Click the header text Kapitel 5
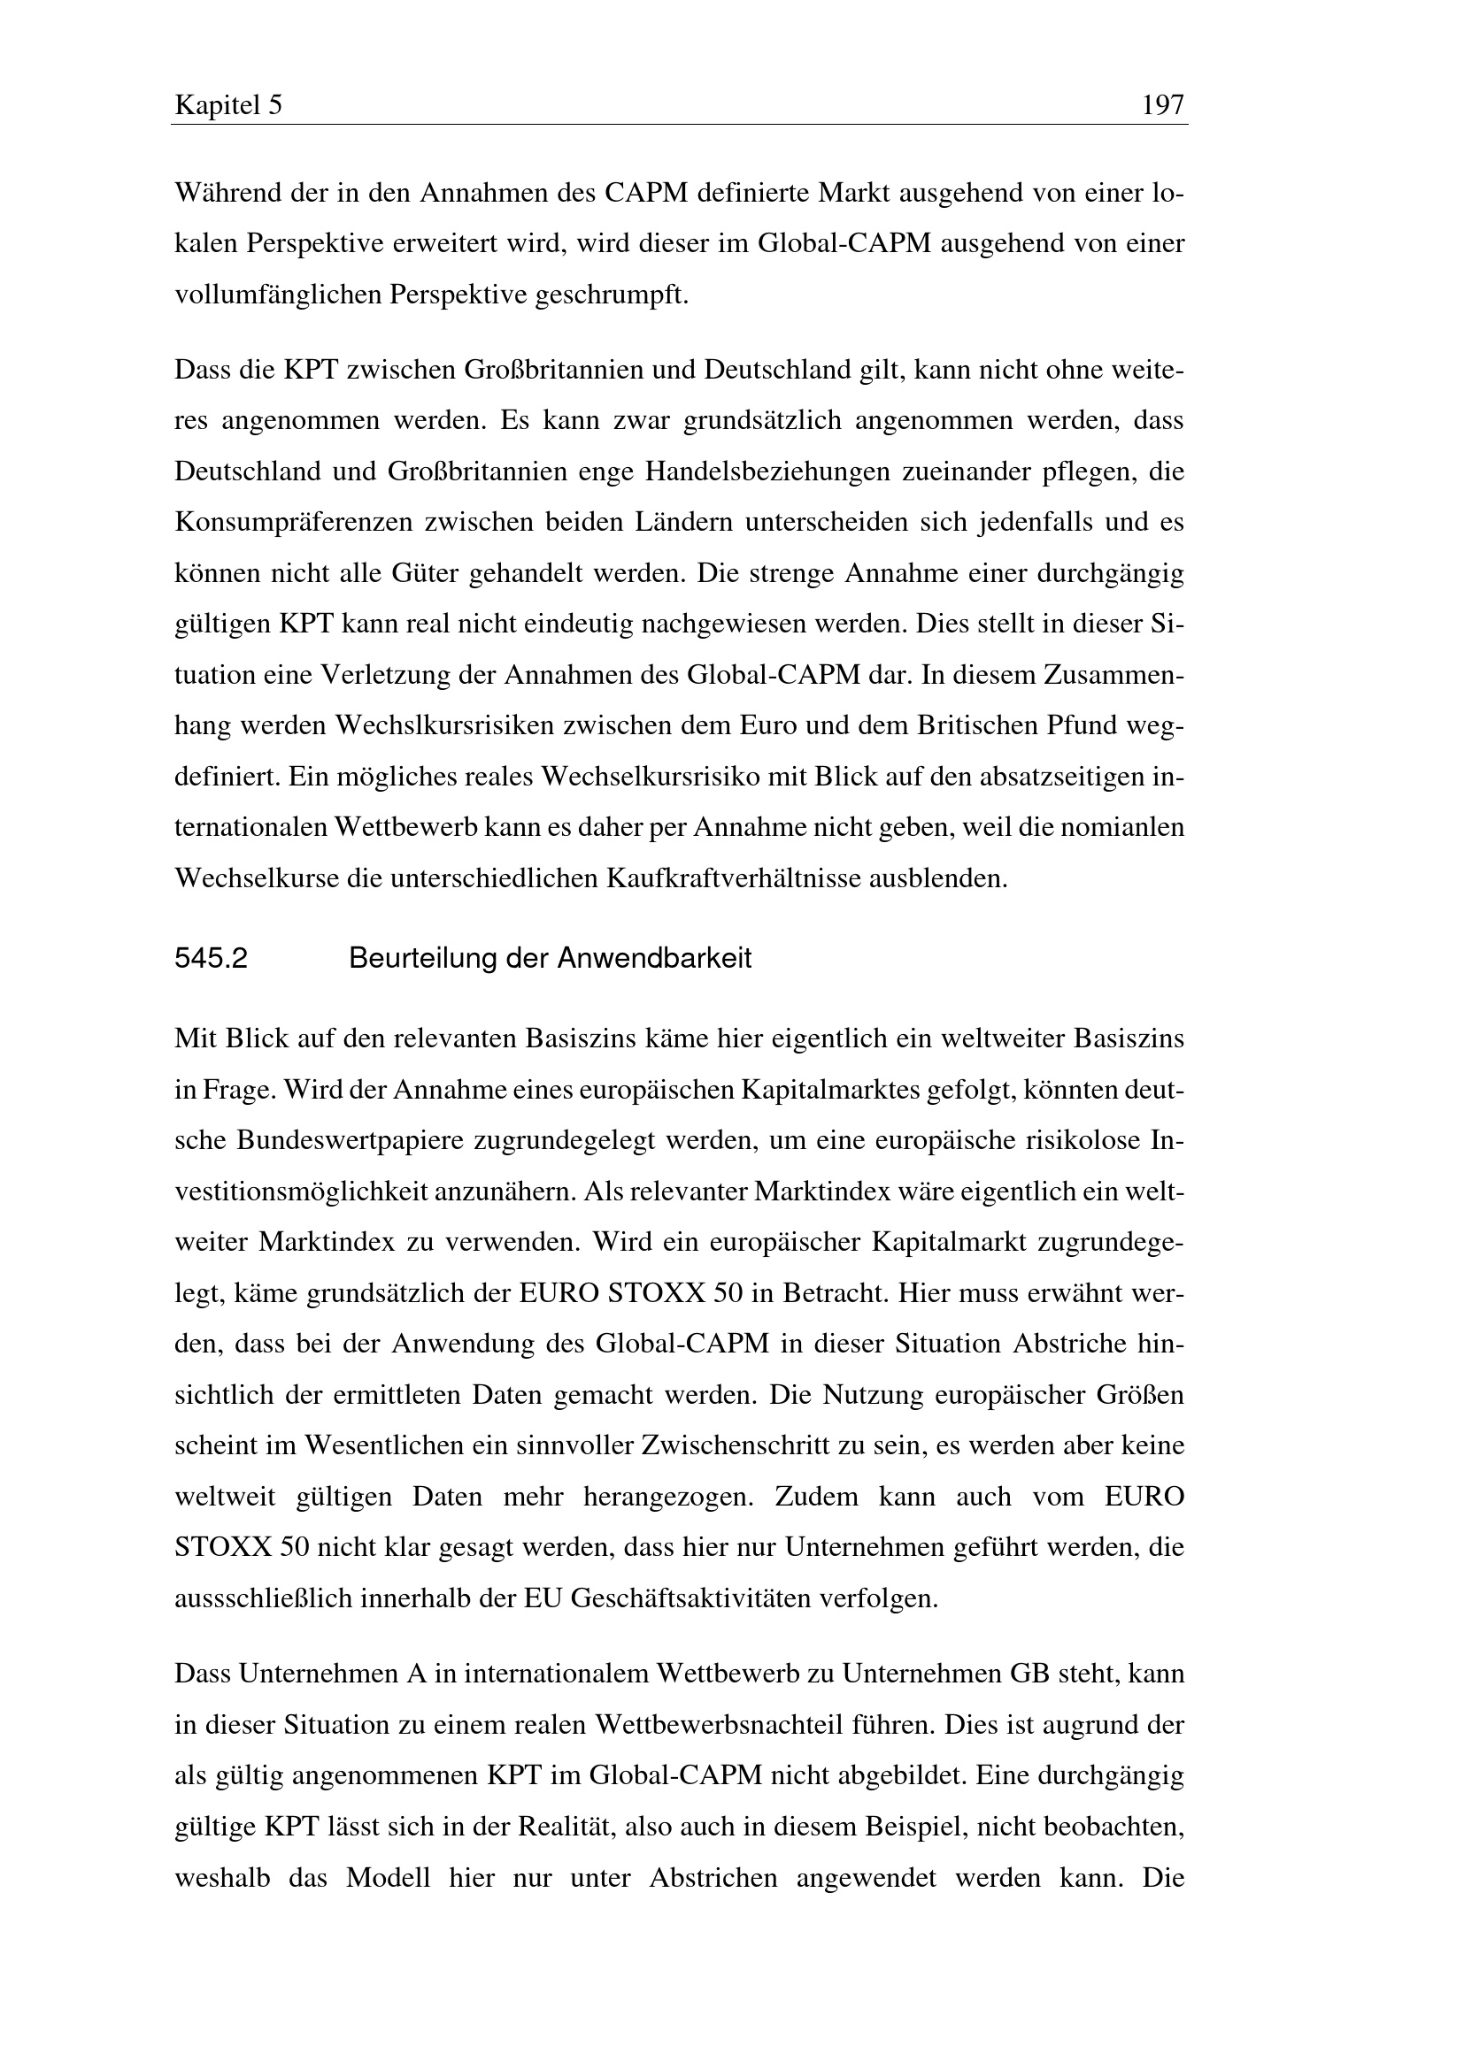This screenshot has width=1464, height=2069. pyautogui.click(x=228, y=106)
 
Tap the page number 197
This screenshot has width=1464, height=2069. pyautogui.click(x=1162, y=106)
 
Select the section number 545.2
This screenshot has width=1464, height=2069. pyautogui.click(x=211, y=958)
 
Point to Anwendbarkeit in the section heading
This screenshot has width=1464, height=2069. pyautogui.click(x=653, y=958)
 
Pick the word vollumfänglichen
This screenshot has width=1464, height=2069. pyautogui.click(x=279, y=295)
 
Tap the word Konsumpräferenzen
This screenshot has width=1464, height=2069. pyautogui.click(x=294, y=522)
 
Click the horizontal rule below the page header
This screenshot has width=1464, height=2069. pyautogui.click(x=680, y=125)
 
